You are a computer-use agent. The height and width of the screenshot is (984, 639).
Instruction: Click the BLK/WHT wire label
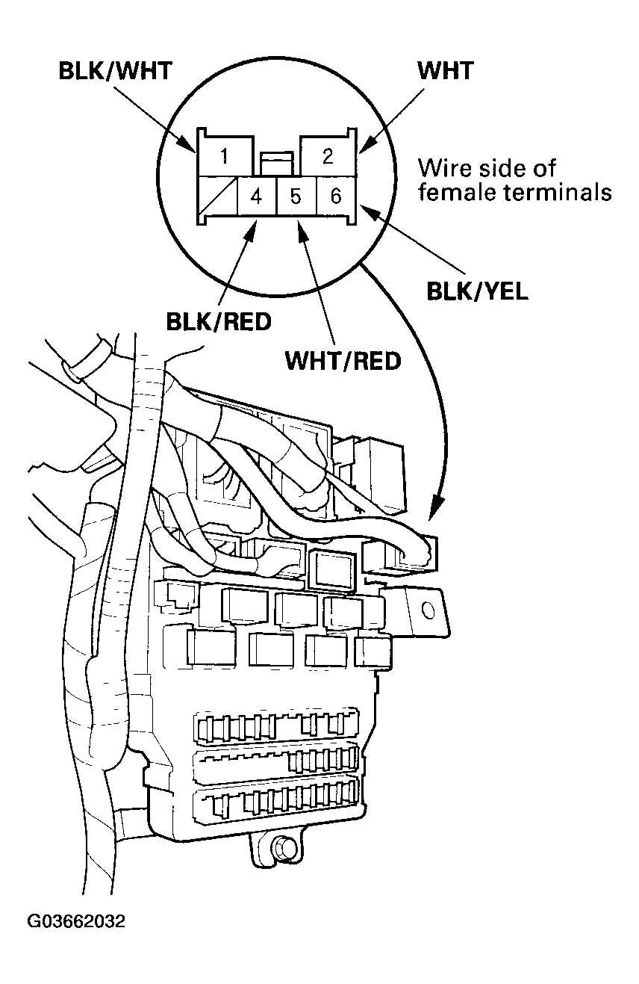[116, 72]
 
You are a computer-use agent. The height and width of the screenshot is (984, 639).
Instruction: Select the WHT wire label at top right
[445, 71]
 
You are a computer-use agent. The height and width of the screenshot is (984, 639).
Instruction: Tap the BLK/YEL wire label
[477, 291]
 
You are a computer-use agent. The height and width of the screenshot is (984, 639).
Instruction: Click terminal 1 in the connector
[225, 157]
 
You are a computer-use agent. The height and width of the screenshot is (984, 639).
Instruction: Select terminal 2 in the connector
[327, 157]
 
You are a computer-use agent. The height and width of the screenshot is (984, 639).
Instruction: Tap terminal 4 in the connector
[256, 197]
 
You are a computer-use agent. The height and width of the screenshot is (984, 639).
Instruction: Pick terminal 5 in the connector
[296, 197]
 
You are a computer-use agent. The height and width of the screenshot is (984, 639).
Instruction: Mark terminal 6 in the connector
[335, 197]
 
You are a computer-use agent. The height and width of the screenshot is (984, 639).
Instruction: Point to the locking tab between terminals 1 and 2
[276, 161]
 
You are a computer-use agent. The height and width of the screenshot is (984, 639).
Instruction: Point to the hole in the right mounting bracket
[428, 610]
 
